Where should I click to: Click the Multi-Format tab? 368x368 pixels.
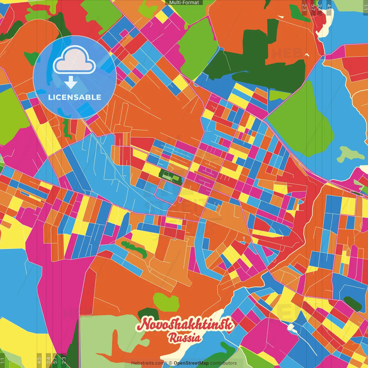coord(184,3)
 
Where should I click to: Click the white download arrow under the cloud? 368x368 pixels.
coord(71,83)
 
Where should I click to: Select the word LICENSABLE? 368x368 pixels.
coord(75,97)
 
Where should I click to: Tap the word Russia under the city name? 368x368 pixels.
coord(185,338)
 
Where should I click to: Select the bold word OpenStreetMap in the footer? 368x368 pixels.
coord(191,363)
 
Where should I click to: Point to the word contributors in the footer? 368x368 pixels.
coord(223,363)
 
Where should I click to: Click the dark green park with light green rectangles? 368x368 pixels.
coord(170,176)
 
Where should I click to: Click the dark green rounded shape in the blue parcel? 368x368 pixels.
coord(352,304)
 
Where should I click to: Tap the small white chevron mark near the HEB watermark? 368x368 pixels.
coord(307,55)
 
